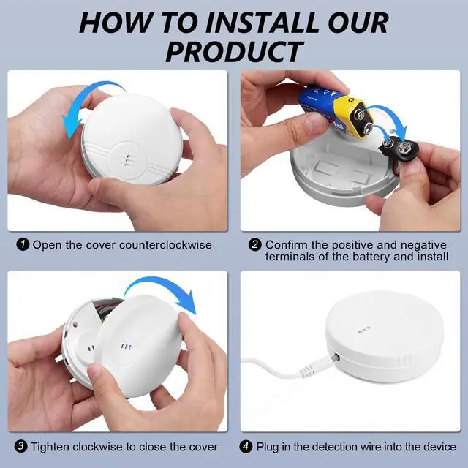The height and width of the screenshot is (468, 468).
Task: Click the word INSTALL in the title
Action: point(262,23)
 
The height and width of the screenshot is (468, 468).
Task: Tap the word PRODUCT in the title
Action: point(234,52)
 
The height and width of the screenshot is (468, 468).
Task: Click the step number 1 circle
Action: point(23,245)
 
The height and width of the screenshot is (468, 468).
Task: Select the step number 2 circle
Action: point(255,245)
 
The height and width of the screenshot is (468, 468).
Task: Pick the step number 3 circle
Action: point(20,447)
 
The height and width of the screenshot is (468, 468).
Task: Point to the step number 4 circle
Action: point(246,447)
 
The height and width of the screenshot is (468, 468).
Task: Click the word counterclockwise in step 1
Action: point(165,245)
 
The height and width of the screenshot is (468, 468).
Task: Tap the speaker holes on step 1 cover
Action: point(126,159)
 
